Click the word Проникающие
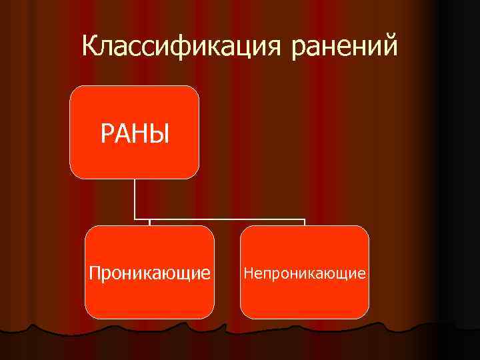[150, 273]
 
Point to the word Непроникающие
[305, 273]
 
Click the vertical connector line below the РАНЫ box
[135, 198]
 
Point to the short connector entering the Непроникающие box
[305, 222]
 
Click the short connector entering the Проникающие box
[149, 222]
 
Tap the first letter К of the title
[90, 46]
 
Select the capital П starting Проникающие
[94, 273]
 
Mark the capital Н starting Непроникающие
[247, 273]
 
